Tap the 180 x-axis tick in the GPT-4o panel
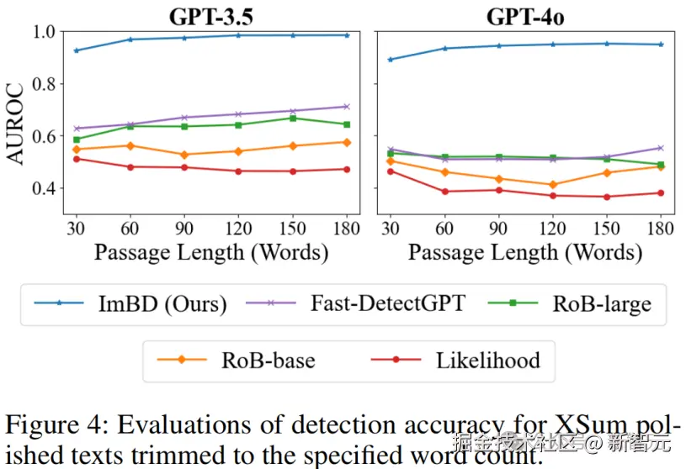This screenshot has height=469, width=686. coord(661,229)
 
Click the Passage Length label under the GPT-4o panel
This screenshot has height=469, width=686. coord(525,252)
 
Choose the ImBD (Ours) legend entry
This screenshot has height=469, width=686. coord(161,303)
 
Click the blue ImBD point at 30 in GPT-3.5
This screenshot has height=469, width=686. coord(77,50)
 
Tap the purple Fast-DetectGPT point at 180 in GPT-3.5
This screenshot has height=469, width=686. coord(346,107)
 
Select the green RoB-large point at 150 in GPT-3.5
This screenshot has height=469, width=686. coord(292,118)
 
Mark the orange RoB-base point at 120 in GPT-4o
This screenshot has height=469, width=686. coord(553,185)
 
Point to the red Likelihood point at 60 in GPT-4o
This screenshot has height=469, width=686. coord(445,192)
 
